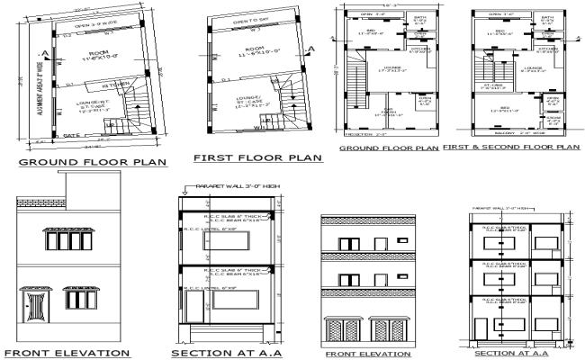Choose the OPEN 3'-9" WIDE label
click(x=82, y=26)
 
